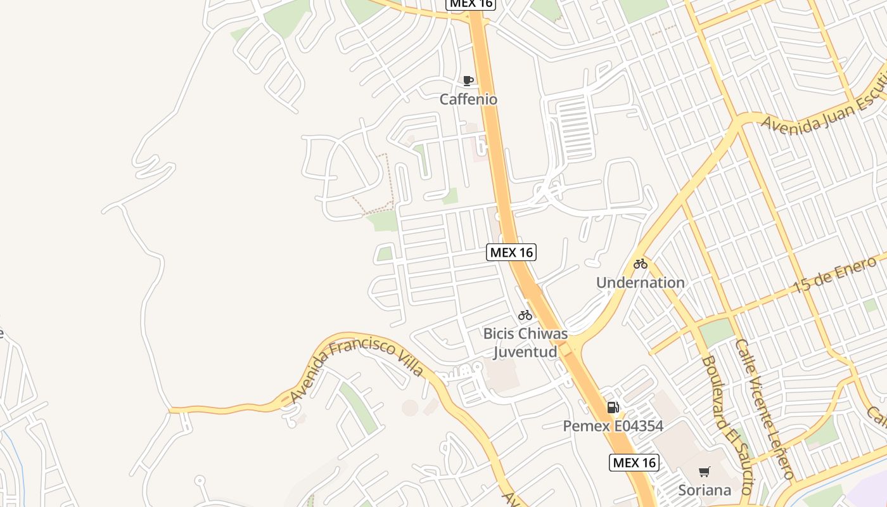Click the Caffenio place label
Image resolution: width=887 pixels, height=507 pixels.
(x=469, y=99)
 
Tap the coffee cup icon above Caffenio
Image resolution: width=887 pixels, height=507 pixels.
(x=468, y=80)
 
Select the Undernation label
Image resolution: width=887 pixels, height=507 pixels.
(x=640, y=283)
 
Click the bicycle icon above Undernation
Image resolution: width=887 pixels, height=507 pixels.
(x=641, y=264)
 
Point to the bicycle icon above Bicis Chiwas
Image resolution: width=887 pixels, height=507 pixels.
(x=525, y=314)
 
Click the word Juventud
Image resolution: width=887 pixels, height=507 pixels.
(x=525, y=352)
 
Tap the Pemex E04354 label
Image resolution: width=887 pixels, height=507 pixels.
(x=613, y=426)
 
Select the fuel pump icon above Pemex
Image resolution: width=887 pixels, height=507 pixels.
(x=613, y=408)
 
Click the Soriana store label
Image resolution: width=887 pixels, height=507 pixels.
(x=705, y=490)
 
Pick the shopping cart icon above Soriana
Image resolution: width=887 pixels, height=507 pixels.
(x=704, y=472)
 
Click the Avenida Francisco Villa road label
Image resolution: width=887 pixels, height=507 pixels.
(x=356, y=368)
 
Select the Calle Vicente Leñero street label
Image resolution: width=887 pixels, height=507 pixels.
(x=765, y=409)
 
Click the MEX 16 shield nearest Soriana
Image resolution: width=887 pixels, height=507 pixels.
(x=634, y=463)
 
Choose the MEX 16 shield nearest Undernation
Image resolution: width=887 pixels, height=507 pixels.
(x=511, y=252)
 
